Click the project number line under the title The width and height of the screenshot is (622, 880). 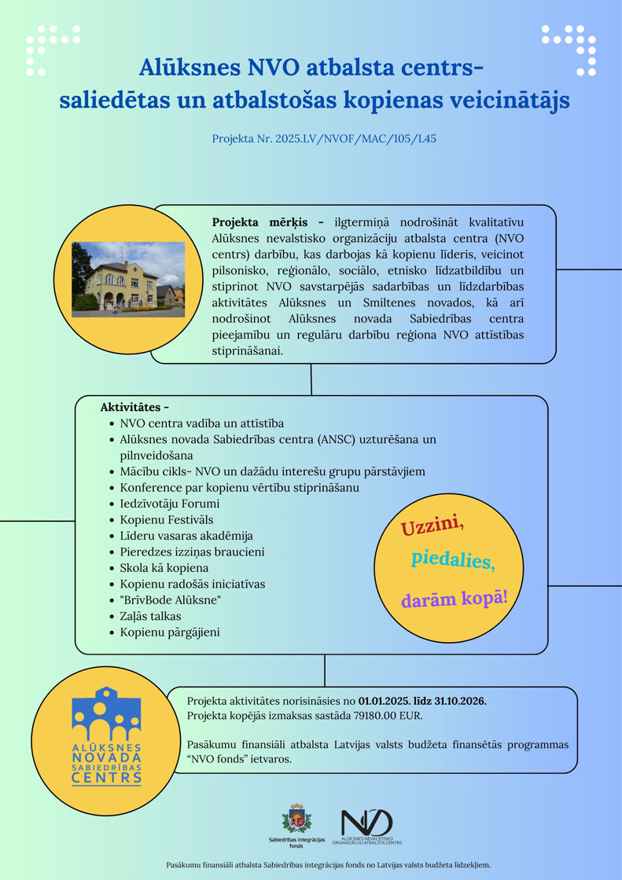(324, 139)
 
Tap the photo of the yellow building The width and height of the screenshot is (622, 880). (128, 280)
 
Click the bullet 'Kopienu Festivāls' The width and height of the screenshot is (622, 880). (166, 519)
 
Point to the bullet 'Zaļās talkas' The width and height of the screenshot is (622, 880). (150, 616)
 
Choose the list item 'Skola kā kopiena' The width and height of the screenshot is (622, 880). (164, 567)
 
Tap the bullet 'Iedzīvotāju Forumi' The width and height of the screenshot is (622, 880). (169, 504)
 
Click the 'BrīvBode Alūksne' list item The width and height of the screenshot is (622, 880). (170, 600)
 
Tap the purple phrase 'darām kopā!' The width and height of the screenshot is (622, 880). (455, 599)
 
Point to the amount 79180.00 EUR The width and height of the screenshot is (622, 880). (390, 716)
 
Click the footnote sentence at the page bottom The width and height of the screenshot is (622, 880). (328, 864)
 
